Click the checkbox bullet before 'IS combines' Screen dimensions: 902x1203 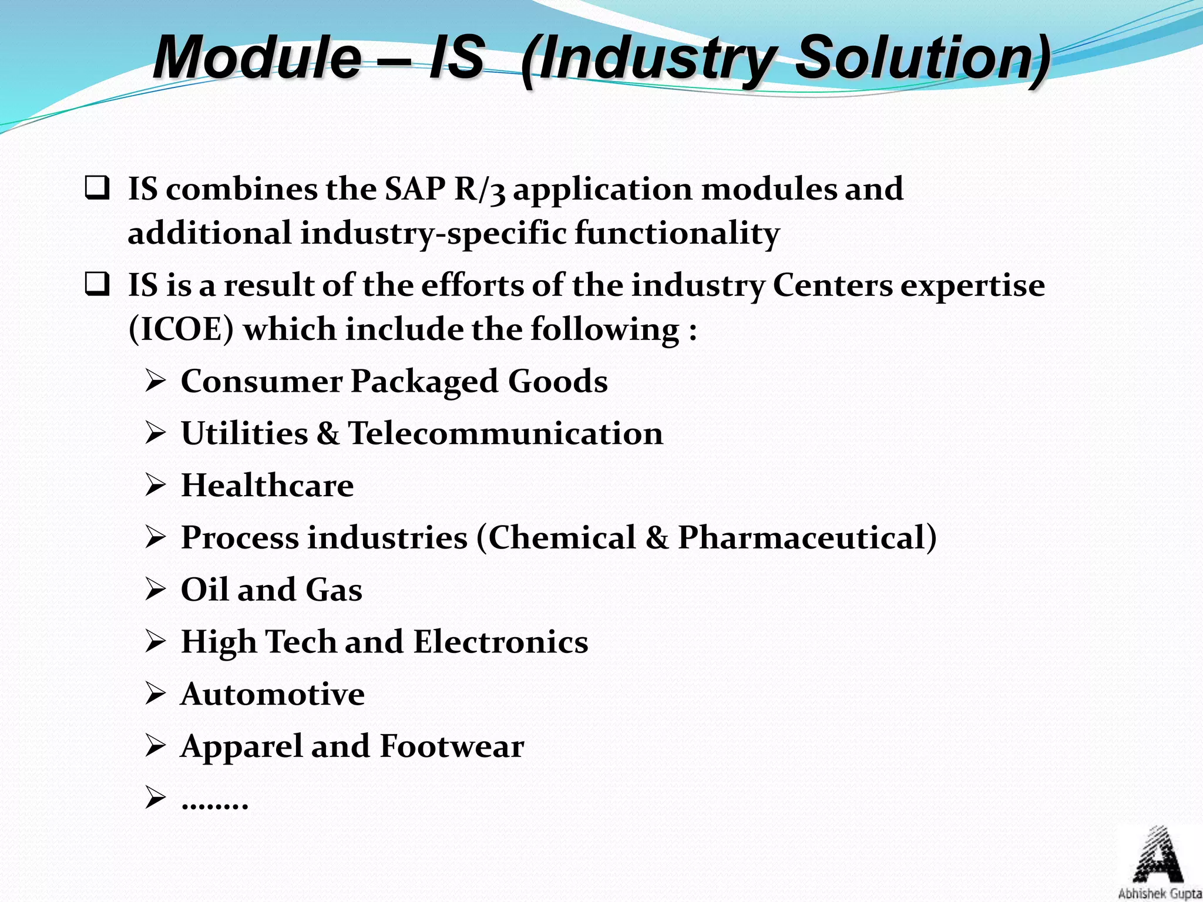coord(97,189)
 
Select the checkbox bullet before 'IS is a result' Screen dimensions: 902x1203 coord(97,285)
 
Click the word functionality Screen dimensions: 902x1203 coord(677,233)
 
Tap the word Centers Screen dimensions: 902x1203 coord(832,285)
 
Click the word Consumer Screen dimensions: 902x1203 coord(261,381)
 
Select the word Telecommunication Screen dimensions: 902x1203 coord(505,433)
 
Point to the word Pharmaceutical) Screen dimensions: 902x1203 coord(807,537)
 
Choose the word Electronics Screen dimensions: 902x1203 coord(500,641)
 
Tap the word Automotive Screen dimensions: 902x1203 coord(273,694)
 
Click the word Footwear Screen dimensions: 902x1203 coord(452,746)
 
